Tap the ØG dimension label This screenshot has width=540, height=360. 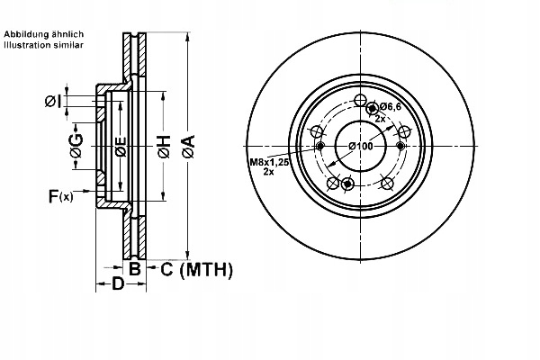[x=76, y=147]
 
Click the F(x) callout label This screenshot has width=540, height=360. [x=60, y=194]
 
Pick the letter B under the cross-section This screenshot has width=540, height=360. [x=134, y=268]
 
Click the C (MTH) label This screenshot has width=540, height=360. [x=196, y=268]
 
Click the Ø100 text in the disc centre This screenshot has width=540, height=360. [x=359, y=147]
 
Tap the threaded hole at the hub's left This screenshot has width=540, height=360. [x=319, y=148]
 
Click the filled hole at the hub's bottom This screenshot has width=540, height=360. [x=348, y=185]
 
